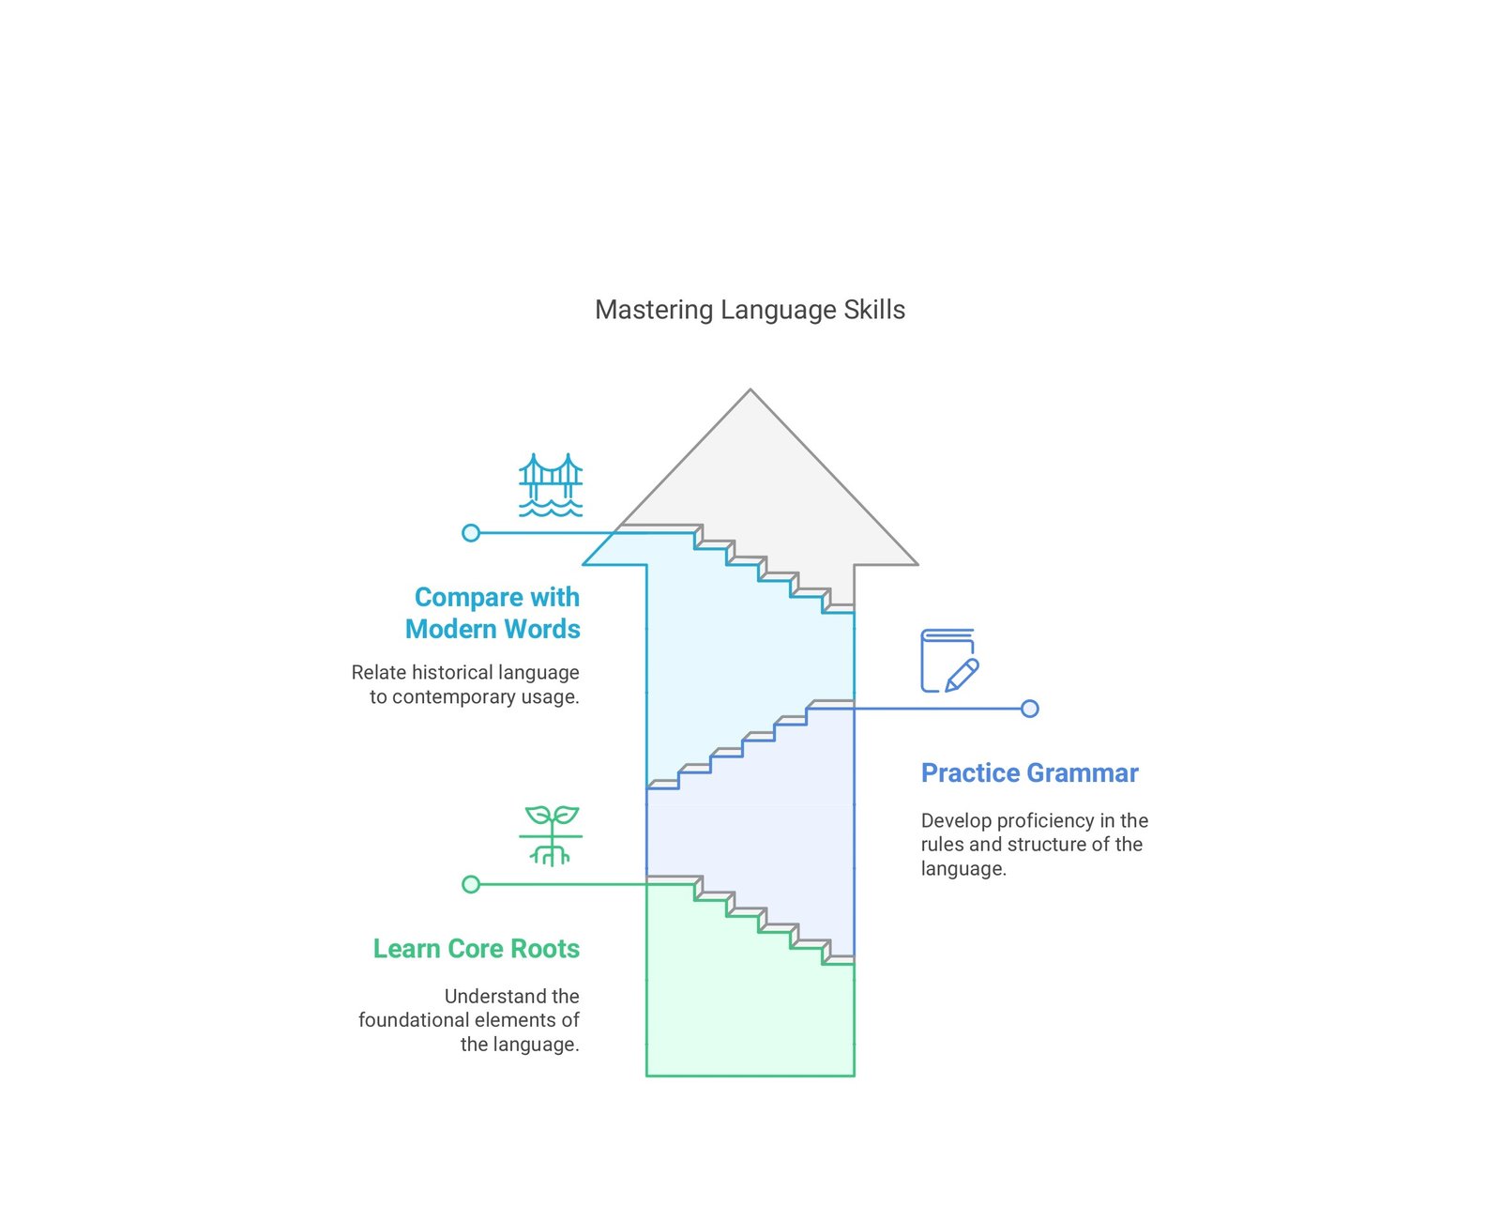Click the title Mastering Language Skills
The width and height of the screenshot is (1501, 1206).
(750, 310)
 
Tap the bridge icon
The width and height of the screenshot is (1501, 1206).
(551, 485)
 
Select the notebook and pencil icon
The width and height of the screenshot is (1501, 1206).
(949, 660)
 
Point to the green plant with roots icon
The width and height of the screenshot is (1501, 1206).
(551, 836)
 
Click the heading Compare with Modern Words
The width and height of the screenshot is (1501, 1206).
(493, 613)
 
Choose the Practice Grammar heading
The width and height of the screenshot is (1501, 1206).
(1029, 773)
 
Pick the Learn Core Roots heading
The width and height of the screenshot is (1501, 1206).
(477, 949)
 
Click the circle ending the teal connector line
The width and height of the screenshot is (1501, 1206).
(471, 533)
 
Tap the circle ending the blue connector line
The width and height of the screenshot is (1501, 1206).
(1029, 710)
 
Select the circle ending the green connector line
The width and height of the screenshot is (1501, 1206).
(471, 885)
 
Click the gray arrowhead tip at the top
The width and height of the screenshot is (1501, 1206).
(750, 389)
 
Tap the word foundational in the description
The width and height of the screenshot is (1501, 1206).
(414, 1020)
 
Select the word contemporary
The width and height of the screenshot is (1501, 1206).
(453, 697)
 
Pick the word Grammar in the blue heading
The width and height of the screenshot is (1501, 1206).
(1083, 773)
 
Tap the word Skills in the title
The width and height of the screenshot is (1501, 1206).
(874, 310)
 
